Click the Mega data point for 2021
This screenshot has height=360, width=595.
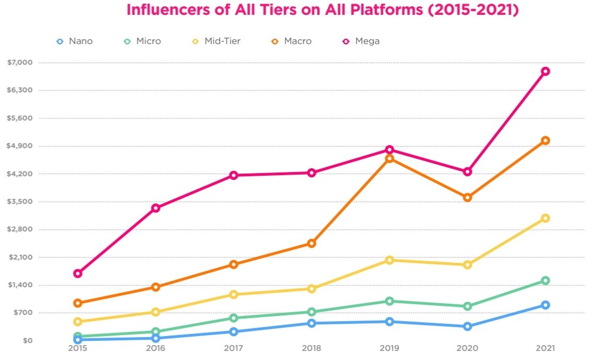pyautogui.click(x=545, y=71)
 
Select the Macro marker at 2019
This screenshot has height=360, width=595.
pyautogui.click(x=390, y=158)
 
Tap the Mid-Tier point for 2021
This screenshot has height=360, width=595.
pyautogui.click(x=545, y=218)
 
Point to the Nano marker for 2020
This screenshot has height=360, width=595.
pyautogui.click(x=468, y=326)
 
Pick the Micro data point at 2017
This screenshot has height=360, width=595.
pyautogui.click(x=234, y=318)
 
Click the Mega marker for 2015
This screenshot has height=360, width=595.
pyautogui.click(x=77, y=273)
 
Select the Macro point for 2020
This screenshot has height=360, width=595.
pyautogui.click(x=468, y=198)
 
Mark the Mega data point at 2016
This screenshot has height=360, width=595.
pyautogui.click(x=156, y=208)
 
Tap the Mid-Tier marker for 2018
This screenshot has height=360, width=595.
pyautogui.click(x=312, y=289)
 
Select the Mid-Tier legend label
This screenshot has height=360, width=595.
pyautogui.click(x=222, y=41)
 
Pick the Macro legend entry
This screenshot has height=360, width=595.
pyautogui.click(x=292, y=41)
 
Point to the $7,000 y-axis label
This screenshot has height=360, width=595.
pyautogui.click(x=20, y=63)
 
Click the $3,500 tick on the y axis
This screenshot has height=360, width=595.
pyautogui.click(x=20, y=202)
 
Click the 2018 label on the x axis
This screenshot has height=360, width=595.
pyautogui.click(x=312, y=349)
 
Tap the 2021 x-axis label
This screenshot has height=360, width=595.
pyautogui.click(x=545, y=349)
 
